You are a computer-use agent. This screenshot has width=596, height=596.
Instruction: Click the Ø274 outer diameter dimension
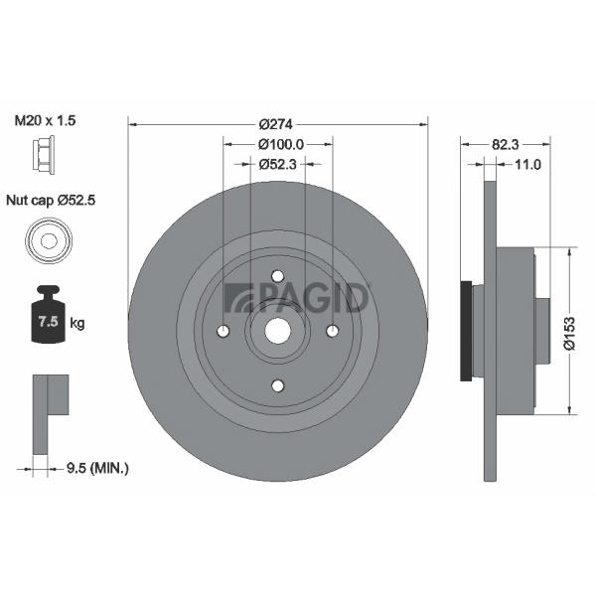tap(275, 124)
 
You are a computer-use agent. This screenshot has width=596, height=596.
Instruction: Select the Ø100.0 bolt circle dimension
tap(281, 144)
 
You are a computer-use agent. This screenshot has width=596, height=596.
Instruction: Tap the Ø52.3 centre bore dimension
tap(277, 164)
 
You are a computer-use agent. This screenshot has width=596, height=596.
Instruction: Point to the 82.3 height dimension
tap(506, 144)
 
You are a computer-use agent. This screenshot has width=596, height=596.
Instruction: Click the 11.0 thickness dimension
tap(527, 164)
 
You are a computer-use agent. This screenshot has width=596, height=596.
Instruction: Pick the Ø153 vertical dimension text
tap(570, 333)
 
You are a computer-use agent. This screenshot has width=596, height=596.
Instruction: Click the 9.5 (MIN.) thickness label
tap(97, 468)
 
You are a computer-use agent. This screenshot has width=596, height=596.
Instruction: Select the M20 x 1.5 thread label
tap(45, 120)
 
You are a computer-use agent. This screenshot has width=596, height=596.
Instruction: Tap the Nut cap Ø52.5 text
tap(51, 200)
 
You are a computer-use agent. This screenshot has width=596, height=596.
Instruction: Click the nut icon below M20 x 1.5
tap(44, 155)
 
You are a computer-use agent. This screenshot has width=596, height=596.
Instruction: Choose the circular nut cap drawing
tap(49, 240)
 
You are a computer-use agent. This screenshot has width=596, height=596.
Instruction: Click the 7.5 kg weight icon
tap(49, 314)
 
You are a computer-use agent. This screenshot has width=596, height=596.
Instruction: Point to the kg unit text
tap(77, 324)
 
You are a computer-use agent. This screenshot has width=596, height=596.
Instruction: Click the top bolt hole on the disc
tap(278, 276)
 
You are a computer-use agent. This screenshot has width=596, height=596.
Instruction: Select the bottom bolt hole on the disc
tap(278, 385)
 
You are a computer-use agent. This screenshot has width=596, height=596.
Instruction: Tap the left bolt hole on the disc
tap(223, 331)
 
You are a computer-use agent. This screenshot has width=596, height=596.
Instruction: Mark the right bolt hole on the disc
tap(333, 331)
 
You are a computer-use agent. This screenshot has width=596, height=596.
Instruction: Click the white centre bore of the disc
tap(278, 331)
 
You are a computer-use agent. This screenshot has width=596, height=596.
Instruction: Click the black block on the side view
tap(466, 331)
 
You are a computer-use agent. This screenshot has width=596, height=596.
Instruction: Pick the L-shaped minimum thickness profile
tap(41, 414)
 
